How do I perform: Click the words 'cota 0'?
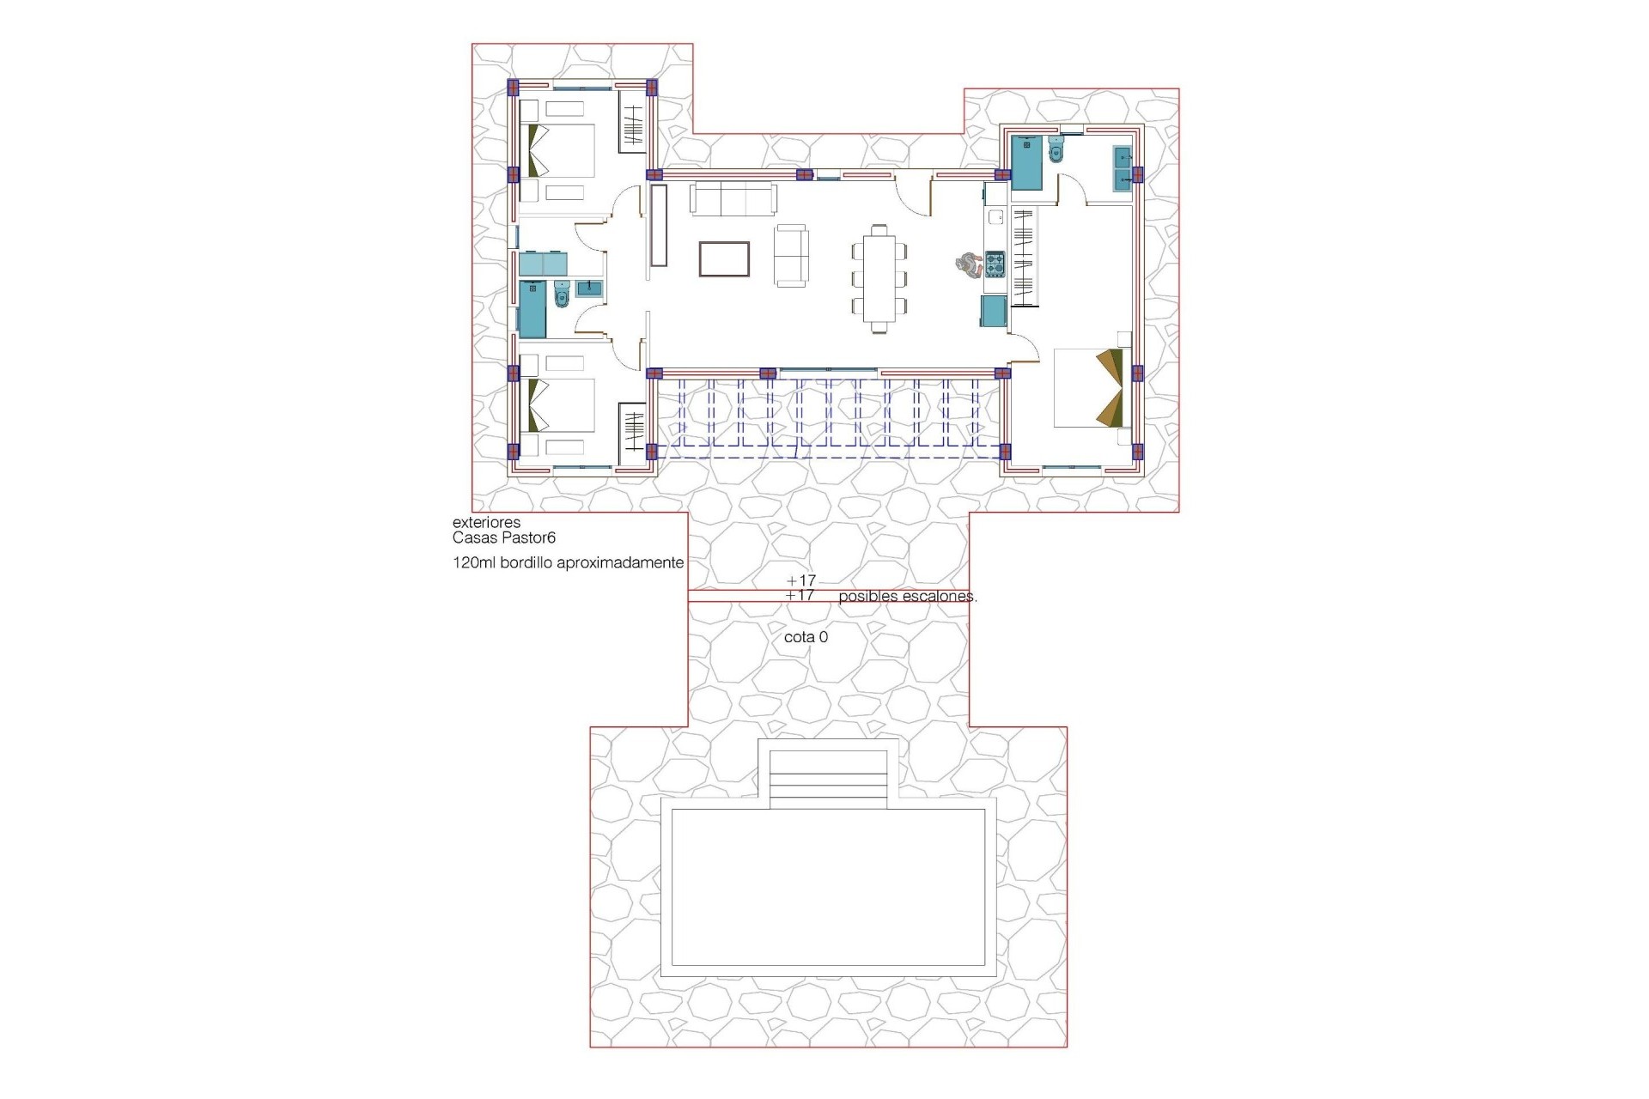(806, 638)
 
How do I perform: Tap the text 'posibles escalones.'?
(907, 596)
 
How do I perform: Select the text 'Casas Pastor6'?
(504, 538)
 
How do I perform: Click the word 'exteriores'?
(486, 522)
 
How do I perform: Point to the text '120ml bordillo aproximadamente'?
(568, 563)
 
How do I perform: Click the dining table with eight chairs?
(879, 278)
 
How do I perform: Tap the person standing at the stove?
(968, 264)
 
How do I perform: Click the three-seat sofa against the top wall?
(733, 199)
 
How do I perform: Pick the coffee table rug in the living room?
(724, 259)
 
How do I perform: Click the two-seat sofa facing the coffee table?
(790, 255)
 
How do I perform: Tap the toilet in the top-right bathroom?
(1056, 150)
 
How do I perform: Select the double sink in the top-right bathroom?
(1123, 168)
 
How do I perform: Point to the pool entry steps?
(828, 779)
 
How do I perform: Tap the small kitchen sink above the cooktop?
(995, 217)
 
